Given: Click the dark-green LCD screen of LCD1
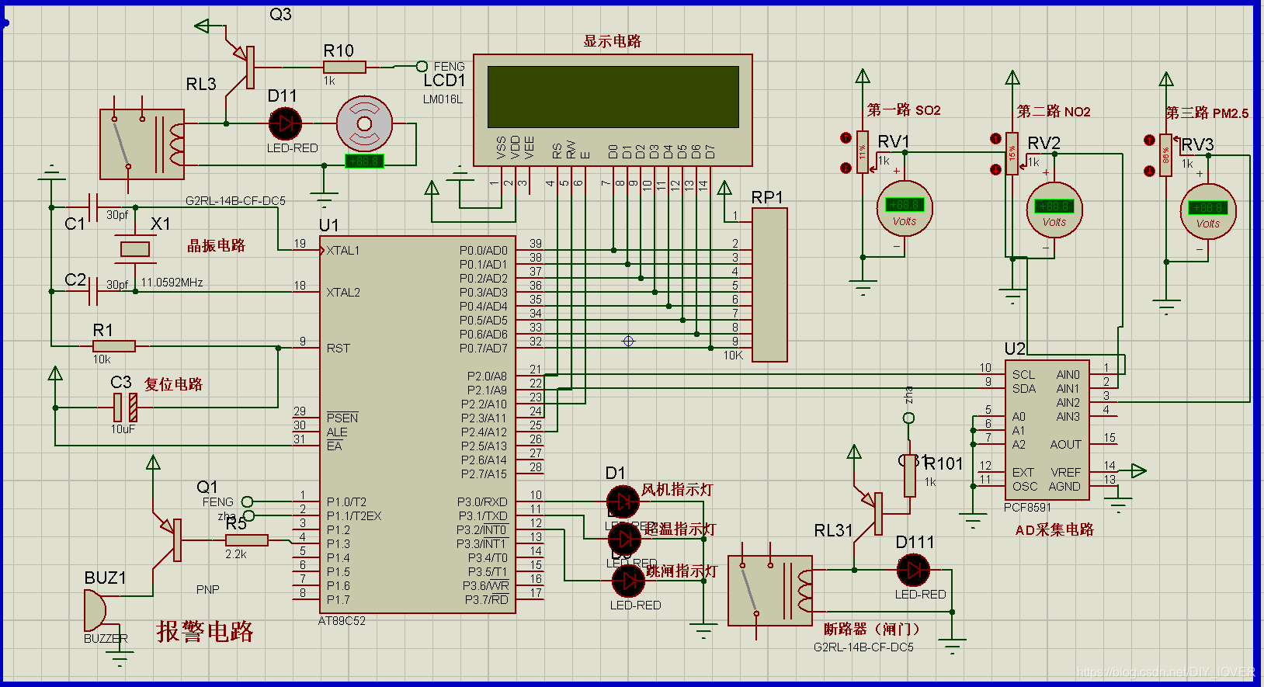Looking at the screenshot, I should (613, 97).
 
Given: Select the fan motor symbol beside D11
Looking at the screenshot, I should (364, 123).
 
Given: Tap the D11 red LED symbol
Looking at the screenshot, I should (286, 123).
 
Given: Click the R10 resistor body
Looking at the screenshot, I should (344, 68).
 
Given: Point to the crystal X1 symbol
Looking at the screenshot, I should (135, 249).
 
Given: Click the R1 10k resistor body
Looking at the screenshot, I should (114, 346).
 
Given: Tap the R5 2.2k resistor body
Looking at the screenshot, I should (247, 540).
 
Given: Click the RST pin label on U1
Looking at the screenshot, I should (339, 349).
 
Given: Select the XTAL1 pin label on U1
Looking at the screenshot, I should (342, 251).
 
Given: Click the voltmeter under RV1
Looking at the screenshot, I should (905, 208).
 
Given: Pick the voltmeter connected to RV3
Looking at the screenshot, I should (1207, 211).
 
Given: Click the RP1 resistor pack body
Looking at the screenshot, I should (769, 284).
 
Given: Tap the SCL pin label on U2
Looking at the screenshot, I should (1023, 374).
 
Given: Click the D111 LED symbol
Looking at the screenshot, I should (913, 571).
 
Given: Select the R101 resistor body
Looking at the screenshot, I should (909, 475).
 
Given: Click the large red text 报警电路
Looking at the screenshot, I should (205, 631).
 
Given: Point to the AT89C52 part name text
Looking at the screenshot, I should (342, 621).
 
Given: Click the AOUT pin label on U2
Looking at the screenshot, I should (1065, 445).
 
